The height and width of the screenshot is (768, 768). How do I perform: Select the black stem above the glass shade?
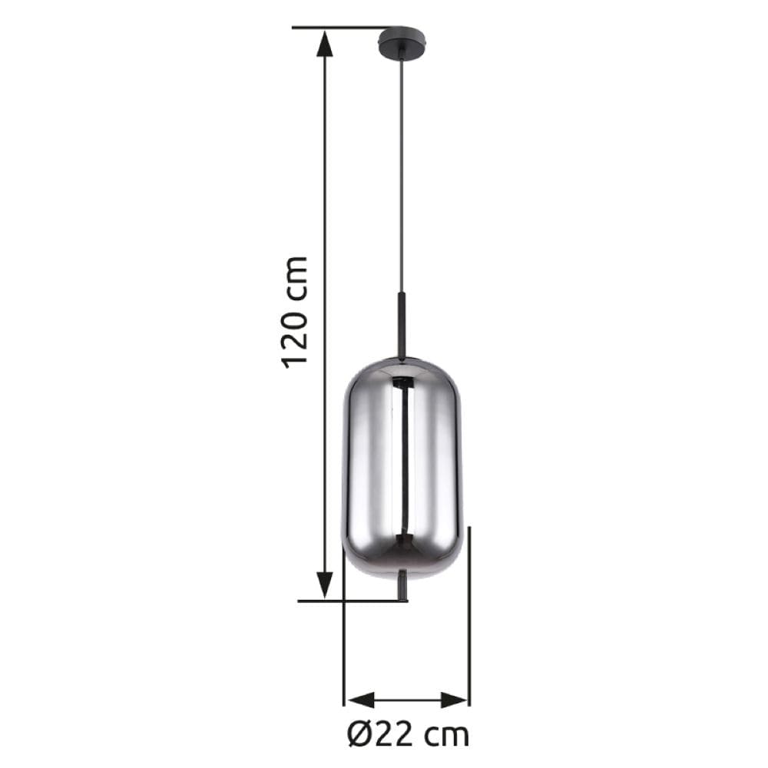tap(401, 323)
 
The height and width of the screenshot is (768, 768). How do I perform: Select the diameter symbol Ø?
tap(360, 735)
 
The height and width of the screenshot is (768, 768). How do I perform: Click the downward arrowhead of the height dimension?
tap(326, 585)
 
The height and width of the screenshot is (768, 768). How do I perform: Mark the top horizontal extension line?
tap(338, 28)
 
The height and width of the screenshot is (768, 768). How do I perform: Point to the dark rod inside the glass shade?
tap(402, 461)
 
